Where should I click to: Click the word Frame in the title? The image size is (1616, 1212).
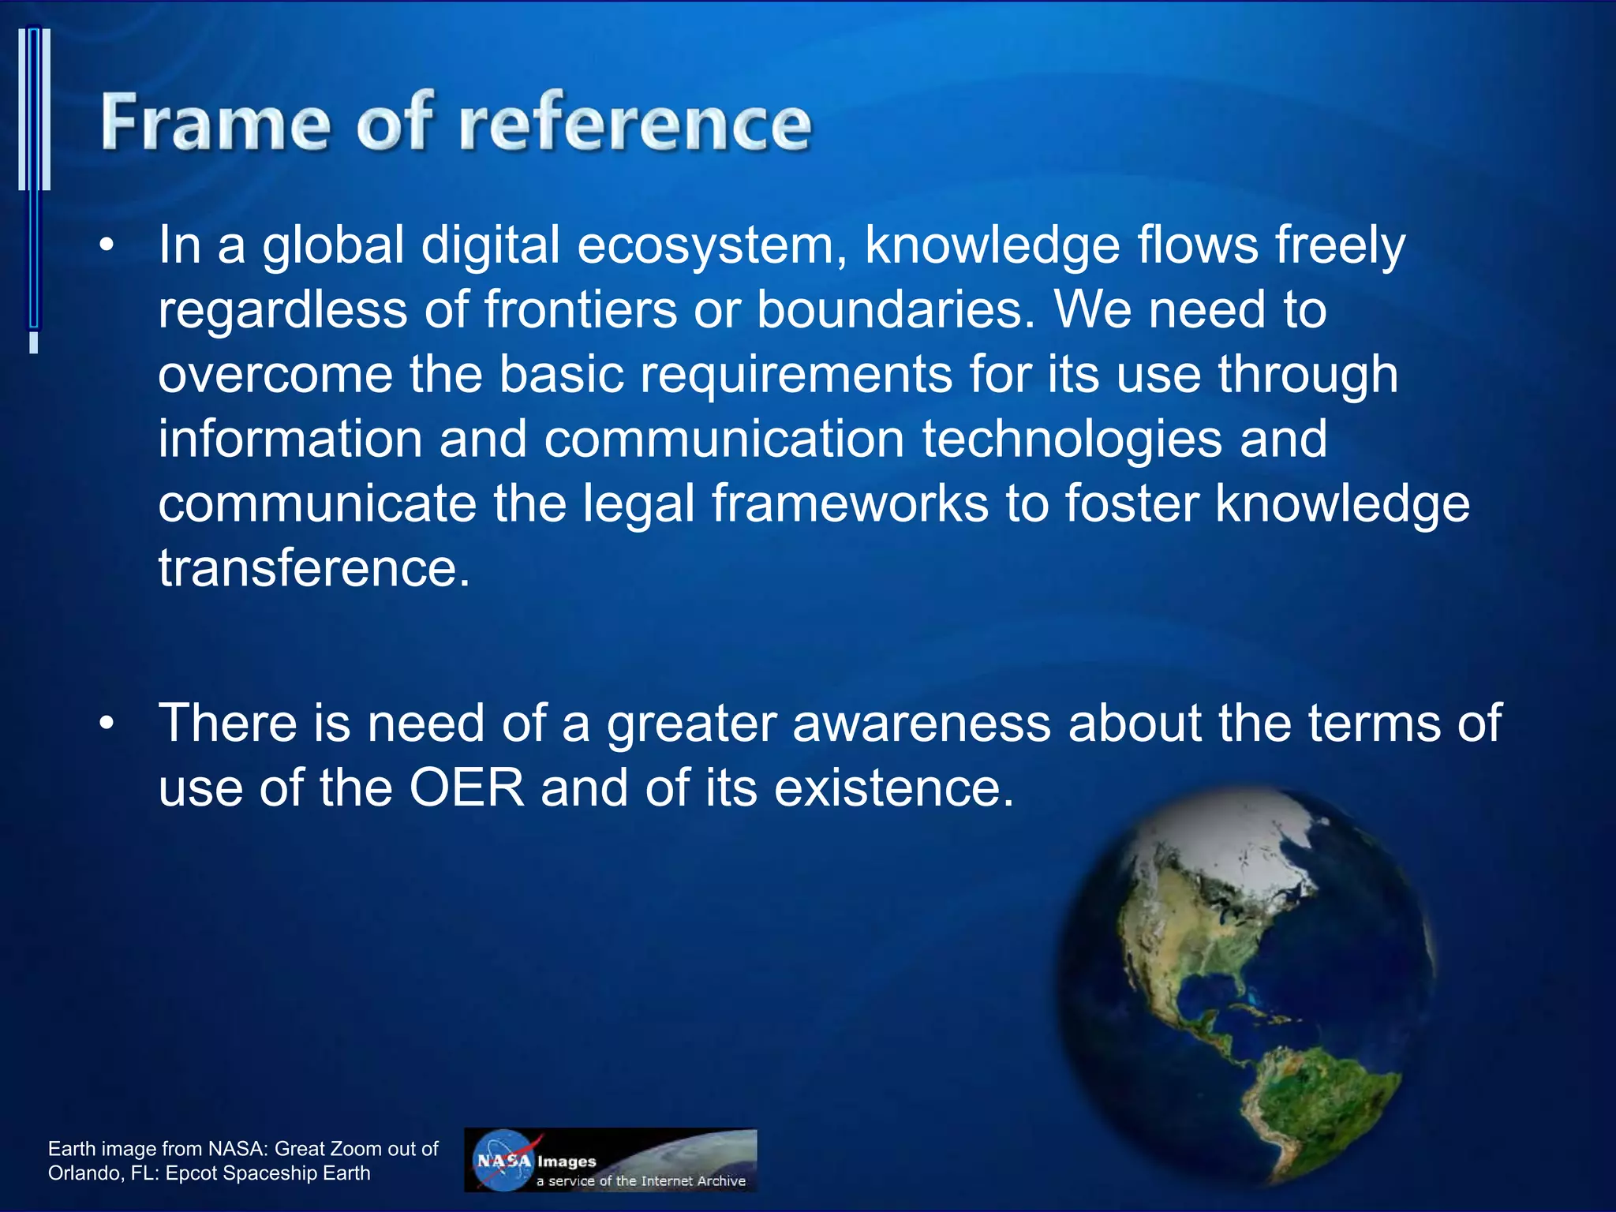pos(215,122)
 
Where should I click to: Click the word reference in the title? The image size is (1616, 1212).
pos(635,122)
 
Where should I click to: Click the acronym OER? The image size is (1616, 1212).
pos(466,788)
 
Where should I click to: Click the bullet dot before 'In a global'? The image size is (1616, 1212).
pos(108,245)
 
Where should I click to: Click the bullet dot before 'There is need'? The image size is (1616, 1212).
pos(108,723)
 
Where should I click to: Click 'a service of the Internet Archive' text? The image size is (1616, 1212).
pos(641,1180)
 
